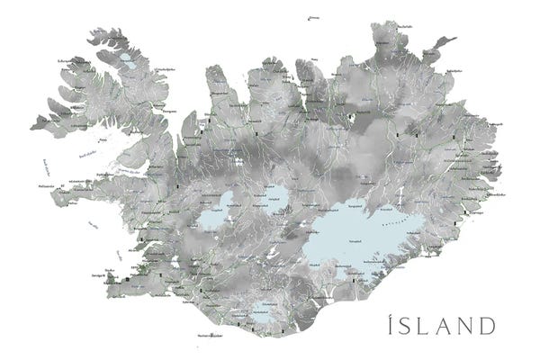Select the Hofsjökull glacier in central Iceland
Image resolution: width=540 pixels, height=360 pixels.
pos(273,196)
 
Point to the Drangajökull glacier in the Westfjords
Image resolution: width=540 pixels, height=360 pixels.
pos(128,63)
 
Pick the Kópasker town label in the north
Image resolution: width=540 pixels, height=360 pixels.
pos(378,50)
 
